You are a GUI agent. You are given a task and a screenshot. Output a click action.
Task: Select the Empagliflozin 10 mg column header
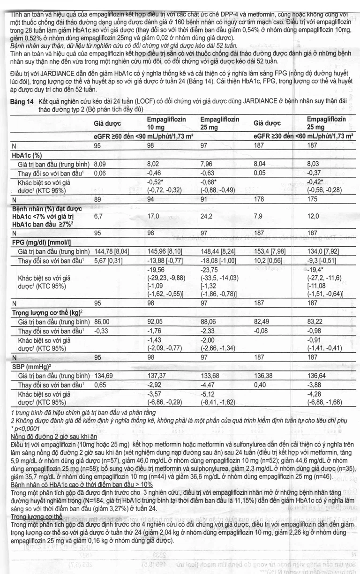(x=166, y=123)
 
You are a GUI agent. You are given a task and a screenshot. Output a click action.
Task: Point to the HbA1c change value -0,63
(x=208, y=173)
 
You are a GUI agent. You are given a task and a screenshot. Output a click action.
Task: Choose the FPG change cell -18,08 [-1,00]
(x=218, y=260)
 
